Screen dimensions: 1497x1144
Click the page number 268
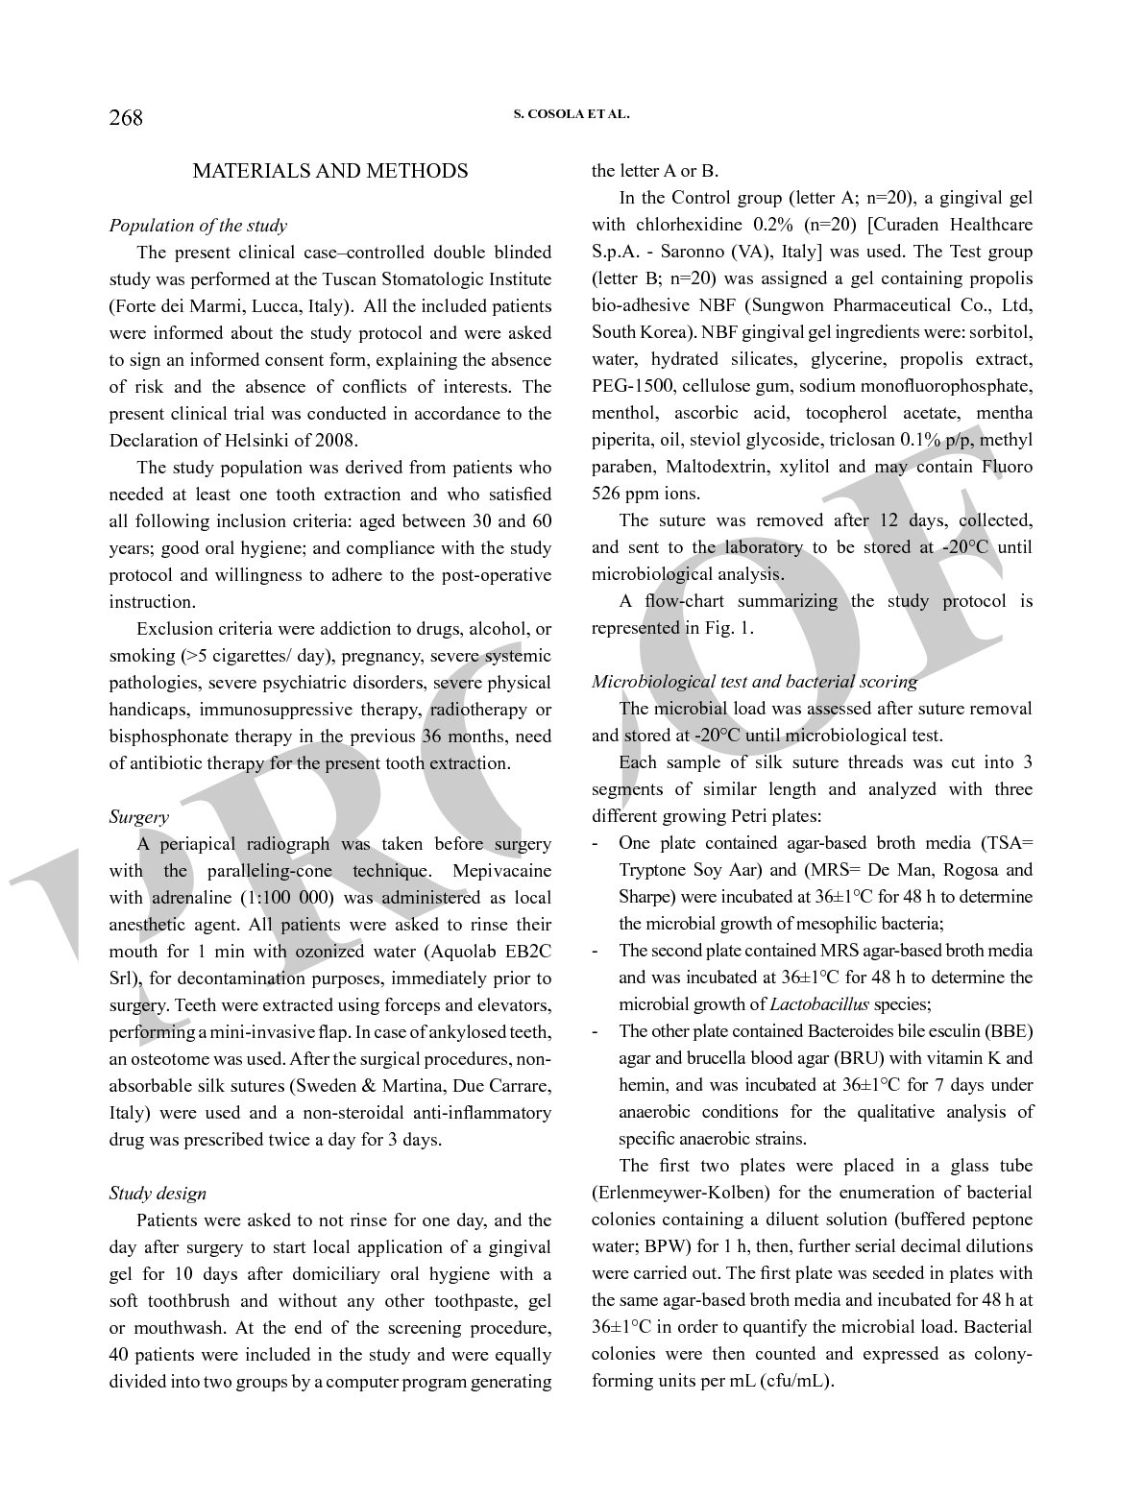[x=126, y=118]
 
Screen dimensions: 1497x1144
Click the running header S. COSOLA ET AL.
[x=572, y=113]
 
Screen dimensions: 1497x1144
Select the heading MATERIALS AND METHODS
[x=330, y=171]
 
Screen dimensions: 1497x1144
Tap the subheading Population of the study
[x=198, y=226]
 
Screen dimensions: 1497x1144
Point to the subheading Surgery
[x=138, y=817]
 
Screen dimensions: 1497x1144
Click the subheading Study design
[x=158, y=1194]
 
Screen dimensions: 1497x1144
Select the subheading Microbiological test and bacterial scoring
[x=754, y=682]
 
